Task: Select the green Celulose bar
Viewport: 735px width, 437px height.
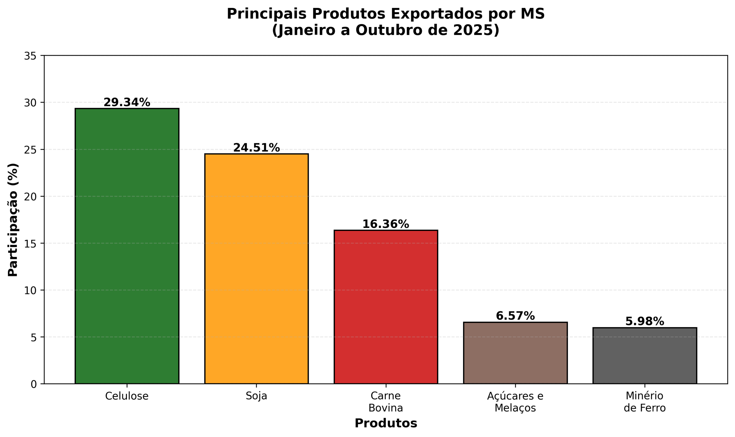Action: pyautogui.click(x=127, y=246)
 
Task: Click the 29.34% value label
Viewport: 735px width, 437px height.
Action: pyautogui.click(x=127, y=102)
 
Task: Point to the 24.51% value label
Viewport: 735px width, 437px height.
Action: pyautogui.click(x=256, y=148)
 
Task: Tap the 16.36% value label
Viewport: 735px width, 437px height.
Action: pyautogui.click(x=386, y=224)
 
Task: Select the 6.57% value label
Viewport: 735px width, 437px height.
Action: pyautogui.click(x=515, y=316)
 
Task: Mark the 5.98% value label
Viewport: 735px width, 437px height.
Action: pyautogui.click(x=645, y=321)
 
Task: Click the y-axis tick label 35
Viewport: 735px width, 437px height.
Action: pyautogui.click(x=30, y=56)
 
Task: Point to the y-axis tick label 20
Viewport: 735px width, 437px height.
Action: pyautogui.click(x=30, y=197)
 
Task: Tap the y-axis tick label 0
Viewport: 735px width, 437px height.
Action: pyautogui.click(x=34, y=384)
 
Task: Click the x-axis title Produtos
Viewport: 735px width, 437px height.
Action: pyautogui.click(x=386, y=423)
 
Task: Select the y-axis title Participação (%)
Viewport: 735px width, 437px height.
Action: pyautogui.click(x=13, y=220)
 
